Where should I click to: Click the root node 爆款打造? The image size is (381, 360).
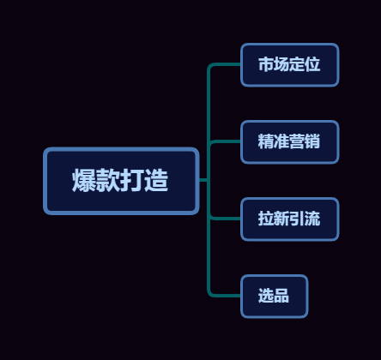coord(121,181)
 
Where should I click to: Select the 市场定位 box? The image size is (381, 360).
coord(290,65)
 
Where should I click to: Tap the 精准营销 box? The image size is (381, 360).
coord(290,142)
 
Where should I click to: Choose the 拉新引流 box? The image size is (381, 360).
coord(290,219)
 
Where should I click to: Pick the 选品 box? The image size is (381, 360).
coord(275,297)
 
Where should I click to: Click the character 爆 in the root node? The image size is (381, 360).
coord(84,180)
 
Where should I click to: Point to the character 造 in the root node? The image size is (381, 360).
coord(156,180)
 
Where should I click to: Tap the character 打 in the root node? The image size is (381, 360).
coord(132,180)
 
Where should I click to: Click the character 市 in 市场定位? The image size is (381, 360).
coord(266,64)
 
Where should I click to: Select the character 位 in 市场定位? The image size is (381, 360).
coord(312,64)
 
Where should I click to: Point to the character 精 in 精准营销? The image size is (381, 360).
coord(266,141)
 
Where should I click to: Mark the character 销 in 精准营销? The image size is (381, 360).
coord(312,141)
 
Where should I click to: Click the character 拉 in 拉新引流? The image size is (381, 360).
coord(266,219)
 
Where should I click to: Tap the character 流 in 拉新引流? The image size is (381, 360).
coord(312,219)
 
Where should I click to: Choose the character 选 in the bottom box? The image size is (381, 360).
coord(266,296)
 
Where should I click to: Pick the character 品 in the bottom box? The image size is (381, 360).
coord(281,296)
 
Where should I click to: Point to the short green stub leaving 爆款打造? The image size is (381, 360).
coord(203,180)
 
